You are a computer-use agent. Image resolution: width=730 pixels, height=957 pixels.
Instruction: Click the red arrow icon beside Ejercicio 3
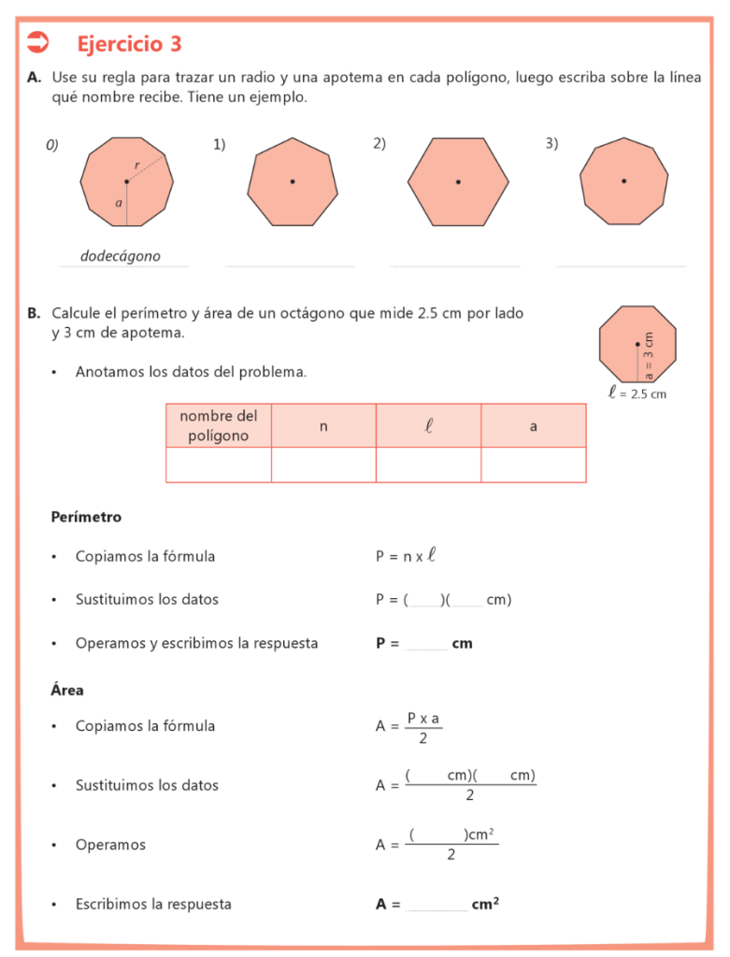[38, 42]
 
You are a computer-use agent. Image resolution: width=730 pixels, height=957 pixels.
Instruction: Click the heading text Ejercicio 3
[129, 44]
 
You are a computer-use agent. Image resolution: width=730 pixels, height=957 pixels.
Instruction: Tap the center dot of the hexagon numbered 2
[458, 181]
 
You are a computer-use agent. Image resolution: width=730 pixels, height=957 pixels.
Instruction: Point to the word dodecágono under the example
[121, 256]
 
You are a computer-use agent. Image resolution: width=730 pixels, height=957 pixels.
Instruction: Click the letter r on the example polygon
[137, 165]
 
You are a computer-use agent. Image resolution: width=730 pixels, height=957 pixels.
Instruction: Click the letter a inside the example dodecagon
[119, 202]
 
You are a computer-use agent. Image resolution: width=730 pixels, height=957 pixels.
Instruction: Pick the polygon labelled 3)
[623, 181]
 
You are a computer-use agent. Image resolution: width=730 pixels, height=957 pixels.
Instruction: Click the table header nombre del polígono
[219, 426]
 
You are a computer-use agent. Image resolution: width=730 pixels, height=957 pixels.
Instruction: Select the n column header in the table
[323, 426]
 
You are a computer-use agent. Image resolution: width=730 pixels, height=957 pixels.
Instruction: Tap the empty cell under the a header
[534, 464]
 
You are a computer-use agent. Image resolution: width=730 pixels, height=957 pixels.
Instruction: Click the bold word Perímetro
[86, 517]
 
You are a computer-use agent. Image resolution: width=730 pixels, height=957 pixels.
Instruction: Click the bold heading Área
[67, 691]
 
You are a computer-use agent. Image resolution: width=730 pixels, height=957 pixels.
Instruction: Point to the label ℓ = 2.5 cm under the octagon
[637, 394]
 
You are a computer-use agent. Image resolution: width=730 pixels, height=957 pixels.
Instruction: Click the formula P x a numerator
[423, 718]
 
